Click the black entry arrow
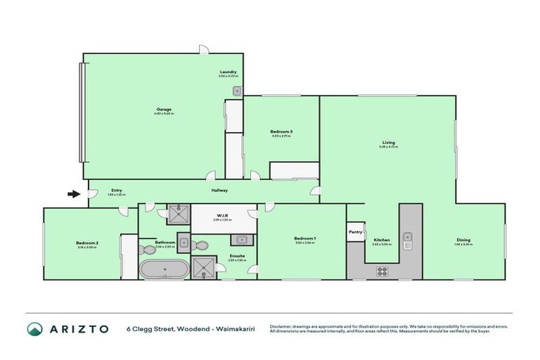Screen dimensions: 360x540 click(72, 194)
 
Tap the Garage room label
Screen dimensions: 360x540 click(164, 109)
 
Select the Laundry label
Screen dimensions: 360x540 click(227, 72)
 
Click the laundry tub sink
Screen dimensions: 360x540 click(238, 90)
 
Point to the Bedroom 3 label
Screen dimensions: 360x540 click(281, 131)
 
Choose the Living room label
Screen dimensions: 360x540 click(389, 143)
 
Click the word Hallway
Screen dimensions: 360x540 click(220, 190)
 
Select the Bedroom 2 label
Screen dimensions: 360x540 click(87, 243)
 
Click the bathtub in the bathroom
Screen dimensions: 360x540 click(164, 269)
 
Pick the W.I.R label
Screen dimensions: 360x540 click(221, 216)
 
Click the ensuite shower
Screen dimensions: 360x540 click(206, 266)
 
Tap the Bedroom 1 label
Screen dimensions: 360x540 click(304, 239)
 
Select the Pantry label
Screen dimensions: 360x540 click(354, 231)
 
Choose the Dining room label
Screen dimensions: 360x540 click(462, 240)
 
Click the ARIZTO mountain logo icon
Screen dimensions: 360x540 click(35, 329)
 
